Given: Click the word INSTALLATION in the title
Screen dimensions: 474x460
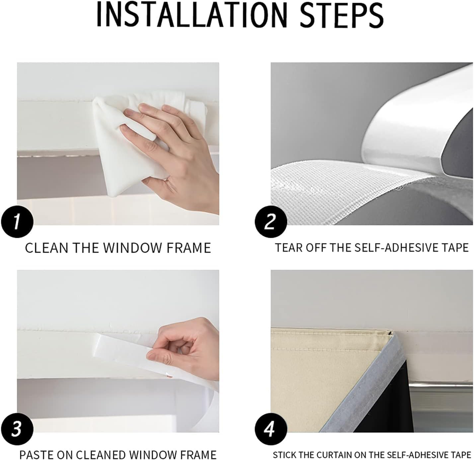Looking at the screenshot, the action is pos(192,15).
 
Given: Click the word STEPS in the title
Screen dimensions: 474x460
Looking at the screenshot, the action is pos(342,15).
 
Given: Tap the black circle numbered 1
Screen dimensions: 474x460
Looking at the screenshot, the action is pos(17,222).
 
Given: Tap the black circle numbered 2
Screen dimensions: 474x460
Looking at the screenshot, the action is pos(271,222).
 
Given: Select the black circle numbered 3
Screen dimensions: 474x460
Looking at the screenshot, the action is pos(17,429).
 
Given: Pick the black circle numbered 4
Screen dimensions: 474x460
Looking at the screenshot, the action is pos(271,429).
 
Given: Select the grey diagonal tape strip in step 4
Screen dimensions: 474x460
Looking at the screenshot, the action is pos(360,385).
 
